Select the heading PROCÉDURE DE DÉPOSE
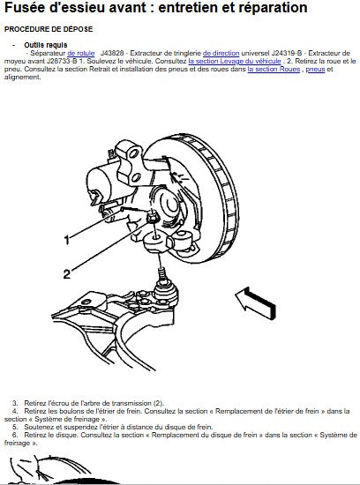[x=49, y=29]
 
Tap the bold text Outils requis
[x=46, y=45]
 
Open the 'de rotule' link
[x=81, y=53]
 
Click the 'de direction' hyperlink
[x=221, y=53]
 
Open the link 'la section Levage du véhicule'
[x=235, y=61]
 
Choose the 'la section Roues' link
[x=274, y=69]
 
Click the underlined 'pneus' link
[x=315, y=70]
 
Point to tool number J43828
[x=112, y=53]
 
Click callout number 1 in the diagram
[x=66, y=240]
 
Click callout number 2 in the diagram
[x=67, y=273]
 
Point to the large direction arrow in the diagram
[x=255, y=302]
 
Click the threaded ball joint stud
[x=161, y=272]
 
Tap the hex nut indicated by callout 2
[x=153, y=218]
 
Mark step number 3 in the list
[x=15, y=403]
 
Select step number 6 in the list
[x=15, y=436]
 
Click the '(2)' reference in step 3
[x=158, y=403]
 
